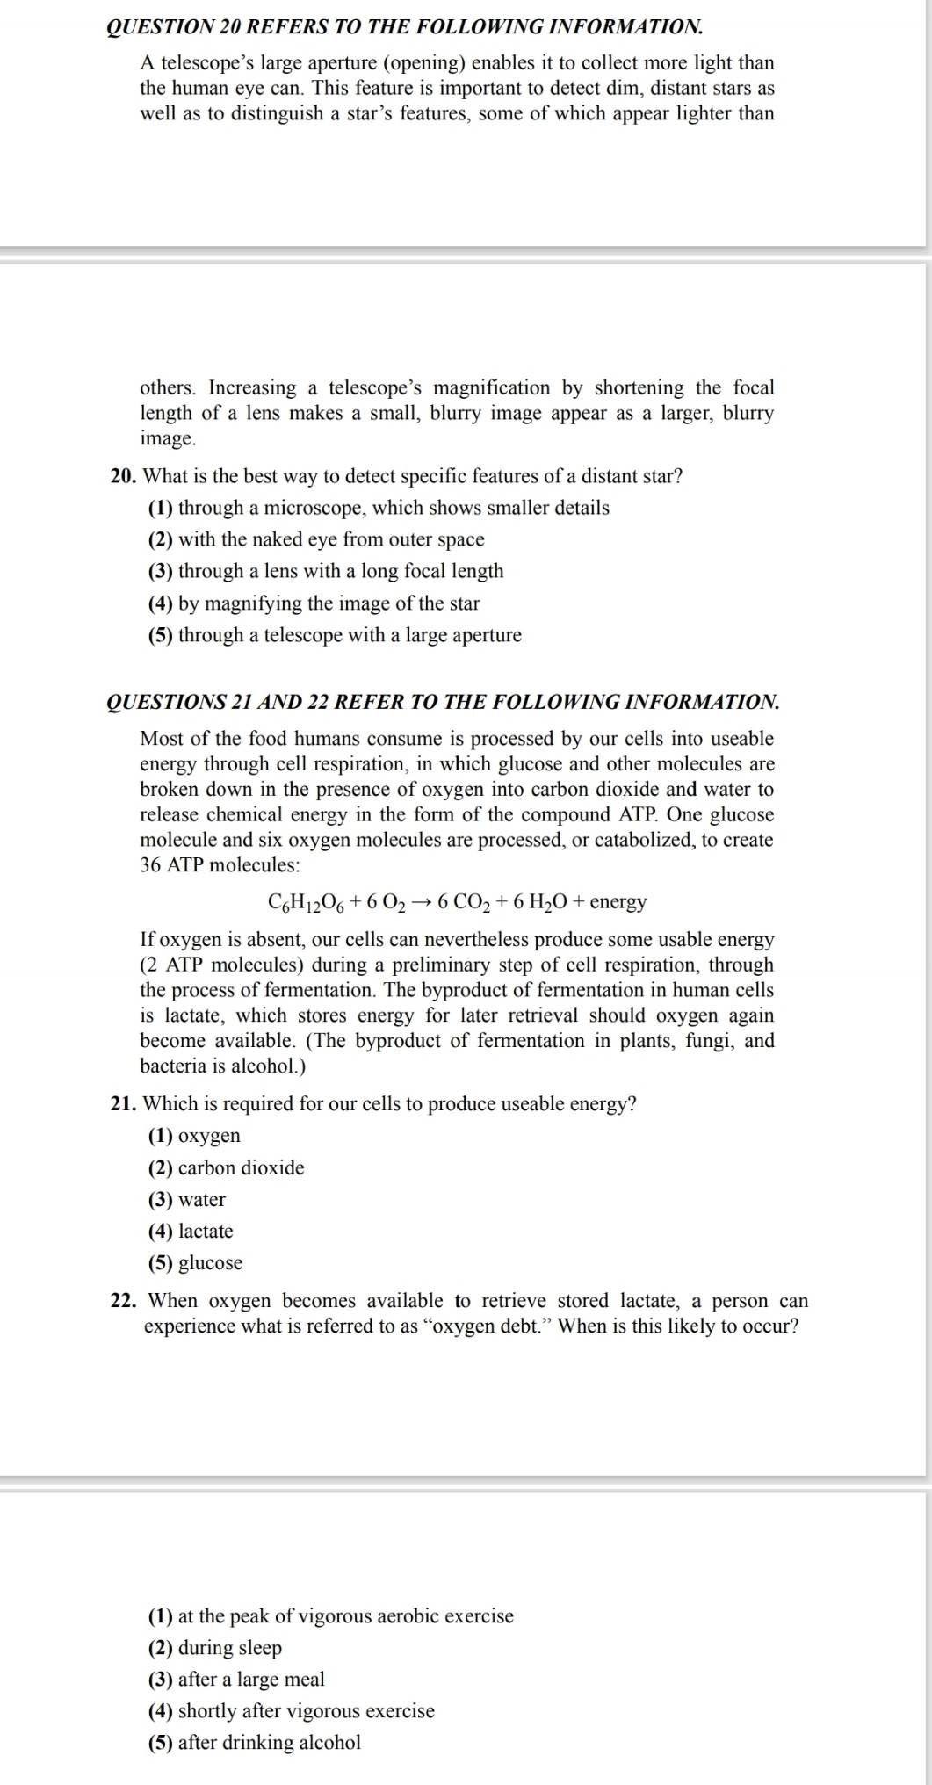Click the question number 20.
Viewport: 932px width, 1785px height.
click(x=122, y=477)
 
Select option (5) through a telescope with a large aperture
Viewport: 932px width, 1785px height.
click(x=335, y=635)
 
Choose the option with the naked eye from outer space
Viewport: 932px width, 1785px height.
click(x=316, y=539)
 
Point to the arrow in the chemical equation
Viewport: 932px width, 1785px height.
click(x=422, y=902)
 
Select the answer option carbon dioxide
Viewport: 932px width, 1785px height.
click(x=227, y=1168)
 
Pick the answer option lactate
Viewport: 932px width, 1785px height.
click(x=191, y=1232)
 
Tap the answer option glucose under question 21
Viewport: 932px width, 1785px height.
click(x=196, y=1263)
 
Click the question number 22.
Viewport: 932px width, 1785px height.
click(x=122, y=1301)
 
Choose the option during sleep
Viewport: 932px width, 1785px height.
click(x=215, y=1648)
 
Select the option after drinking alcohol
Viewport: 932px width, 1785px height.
click(x=255, y=1743)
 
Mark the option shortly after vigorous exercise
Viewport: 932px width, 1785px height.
click(x=292, y=1711)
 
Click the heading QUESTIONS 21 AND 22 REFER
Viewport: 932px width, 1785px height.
click(x=442, y=702)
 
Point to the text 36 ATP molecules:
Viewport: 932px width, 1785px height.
click(x=220, y=865)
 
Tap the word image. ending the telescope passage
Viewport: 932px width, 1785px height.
click(x=168, y=438)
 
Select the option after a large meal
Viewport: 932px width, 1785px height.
click(x=236, y=1680)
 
